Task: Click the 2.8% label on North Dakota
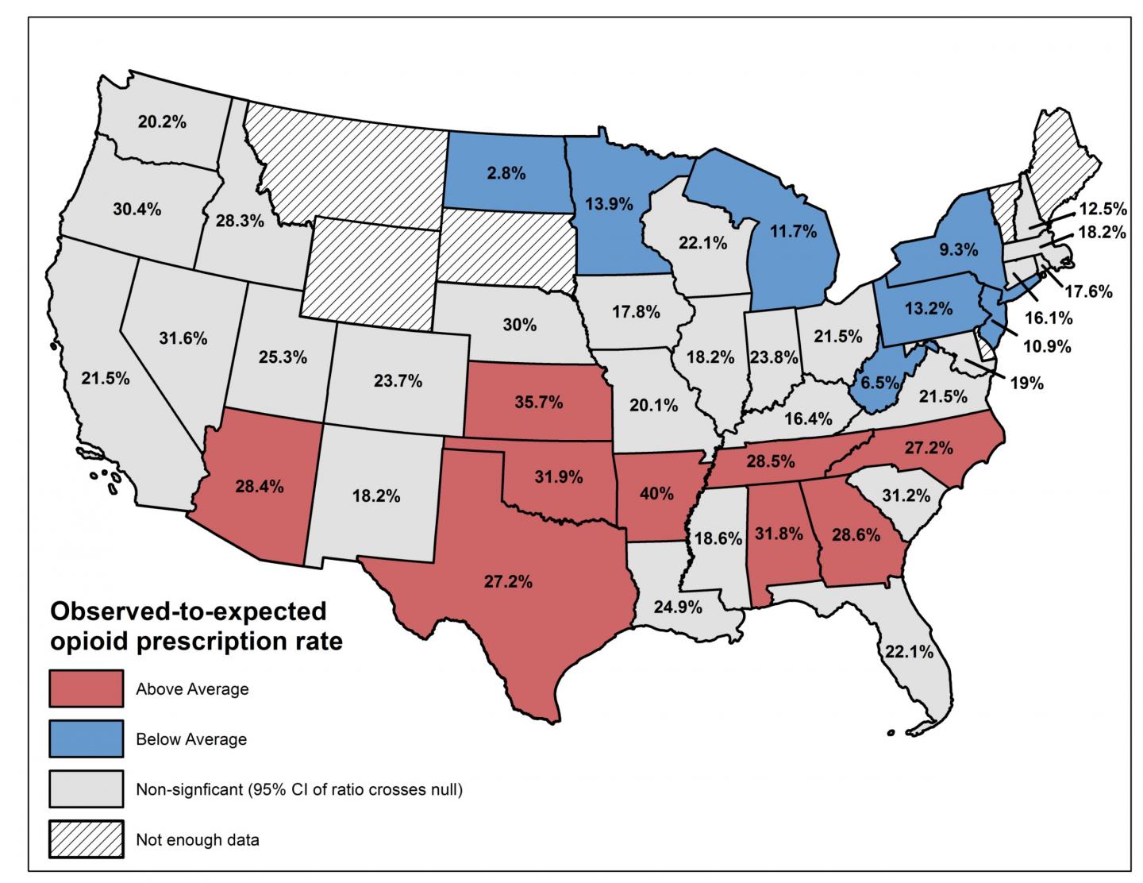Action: pos(506,172)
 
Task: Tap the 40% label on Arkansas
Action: pos(656,493)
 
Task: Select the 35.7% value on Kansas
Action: pos(538,403)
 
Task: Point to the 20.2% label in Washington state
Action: pos(161,122)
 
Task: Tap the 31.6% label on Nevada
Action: pos(183,338)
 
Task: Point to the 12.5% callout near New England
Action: pos(1102,209)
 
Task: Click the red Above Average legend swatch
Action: pos(87,688)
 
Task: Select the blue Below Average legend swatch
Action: pos(87,738)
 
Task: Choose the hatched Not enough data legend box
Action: pos(87,839)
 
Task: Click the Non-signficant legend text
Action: pos(298,789)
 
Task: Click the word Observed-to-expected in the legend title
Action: pos(188,611)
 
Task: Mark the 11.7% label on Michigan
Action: pos(793,231)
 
